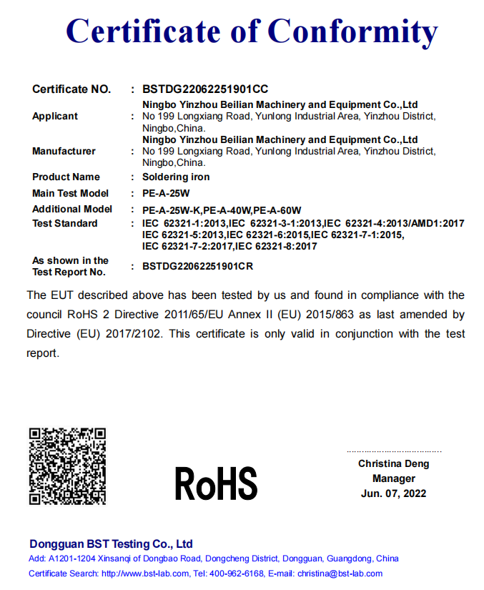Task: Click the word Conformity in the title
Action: point(352,31)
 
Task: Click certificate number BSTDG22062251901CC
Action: point(205,89)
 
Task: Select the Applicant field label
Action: point(55,116)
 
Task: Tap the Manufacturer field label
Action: point(64,151)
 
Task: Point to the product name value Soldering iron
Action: point(176,177)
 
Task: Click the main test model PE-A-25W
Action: point(167,193)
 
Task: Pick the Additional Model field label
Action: point(72,209)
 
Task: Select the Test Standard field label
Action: point(65,223)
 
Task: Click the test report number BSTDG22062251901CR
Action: point(198,266)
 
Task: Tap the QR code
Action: point(67,466)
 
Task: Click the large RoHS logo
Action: point(216,483)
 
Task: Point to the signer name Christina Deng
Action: point(394,463)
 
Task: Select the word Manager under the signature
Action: point(394,478)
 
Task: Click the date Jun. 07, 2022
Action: point(394,493)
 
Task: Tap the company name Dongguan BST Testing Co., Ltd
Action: point(111,544)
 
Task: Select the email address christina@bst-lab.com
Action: point(340,574)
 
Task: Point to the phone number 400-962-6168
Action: point(235,574)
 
